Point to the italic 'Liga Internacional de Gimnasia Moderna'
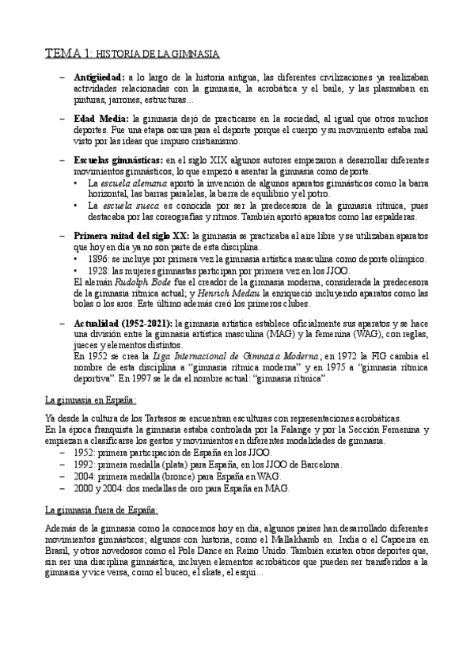pos(217,356)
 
